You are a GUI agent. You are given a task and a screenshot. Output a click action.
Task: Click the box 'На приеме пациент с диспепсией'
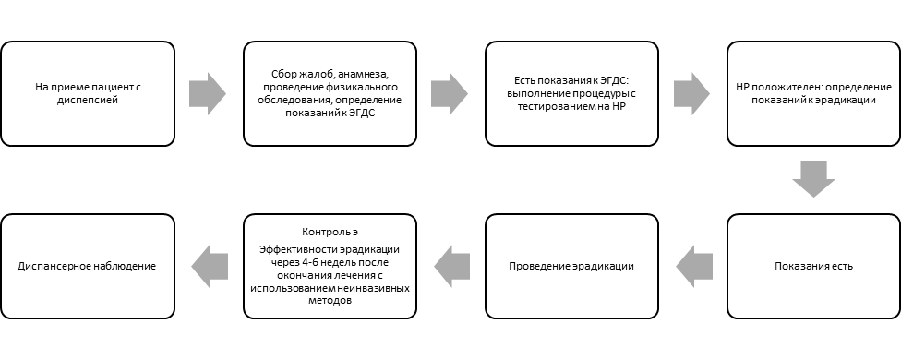pyautogui.click(x=88, y=93)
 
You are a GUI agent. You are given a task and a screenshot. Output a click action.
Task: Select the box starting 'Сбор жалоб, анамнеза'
pyautogui.click(x=330, y=93)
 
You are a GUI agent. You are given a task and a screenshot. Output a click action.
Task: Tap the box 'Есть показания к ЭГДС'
pyautogui.click(x=571, y=93)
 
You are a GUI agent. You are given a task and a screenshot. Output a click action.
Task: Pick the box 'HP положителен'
pyautogui.click(x=813, y=93)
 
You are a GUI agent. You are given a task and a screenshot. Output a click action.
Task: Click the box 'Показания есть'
pyautogui.click(x=813, y=267)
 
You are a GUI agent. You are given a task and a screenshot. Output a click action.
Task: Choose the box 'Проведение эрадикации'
pyautogui.click(x=571, y=267)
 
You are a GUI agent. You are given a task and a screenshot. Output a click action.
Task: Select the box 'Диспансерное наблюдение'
pyautogui.click(x=88, y=267)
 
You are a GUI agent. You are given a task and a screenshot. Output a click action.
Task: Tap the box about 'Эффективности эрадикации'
pyautogui.click(x=330, y=267)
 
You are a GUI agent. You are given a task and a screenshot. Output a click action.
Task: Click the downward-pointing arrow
pyautogui.click(x=813, y=179)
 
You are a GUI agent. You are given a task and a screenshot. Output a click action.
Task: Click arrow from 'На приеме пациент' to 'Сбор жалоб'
pyautogui.click(x=208, y=93)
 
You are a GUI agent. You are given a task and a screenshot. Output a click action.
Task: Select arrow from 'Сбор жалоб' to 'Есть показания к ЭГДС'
pyautogui.click(x=450, y=93)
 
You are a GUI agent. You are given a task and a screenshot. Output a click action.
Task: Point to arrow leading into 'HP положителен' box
pyautogui.click(x=691, y=93)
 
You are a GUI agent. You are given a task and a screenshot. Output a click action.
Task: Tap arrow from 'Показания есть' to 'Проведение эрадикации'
pyautogui.click(x=694, y=267)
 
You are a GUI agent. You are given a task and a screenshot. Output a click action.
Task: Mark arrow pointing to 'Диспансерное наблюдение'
pyautogui.click(x=210, y=267)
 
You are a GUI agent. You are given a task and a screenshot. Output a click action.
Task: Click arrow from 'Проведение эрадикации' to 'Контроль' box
pyautogui.click(x=452, y=267)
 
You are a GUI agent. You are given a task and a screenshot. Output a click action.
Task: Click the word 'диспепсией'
pyautogui.click(x=88, y=100)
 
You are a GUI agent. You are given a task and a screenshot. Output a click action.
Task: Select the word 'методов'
pyautogui.click(x=330, y=300)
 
